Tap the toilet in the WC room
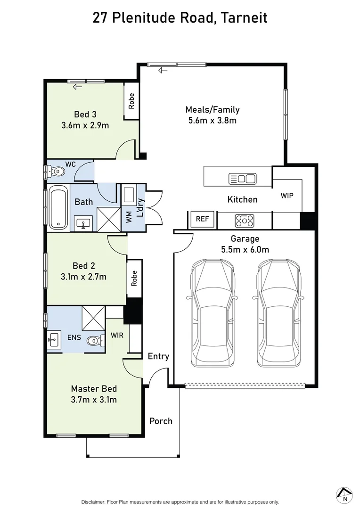57,172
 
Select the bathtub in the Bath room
58,208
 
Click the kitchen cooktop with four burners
245,220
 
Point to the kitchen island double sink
242,179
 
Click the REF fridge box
202,219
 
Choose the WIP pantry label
287,195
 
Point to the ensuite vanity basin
53,338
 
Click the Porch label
161,421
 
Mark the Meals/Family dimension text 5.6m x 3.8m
212,120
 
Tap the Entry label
158,356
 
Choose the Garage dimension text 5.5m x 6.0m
245,249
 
